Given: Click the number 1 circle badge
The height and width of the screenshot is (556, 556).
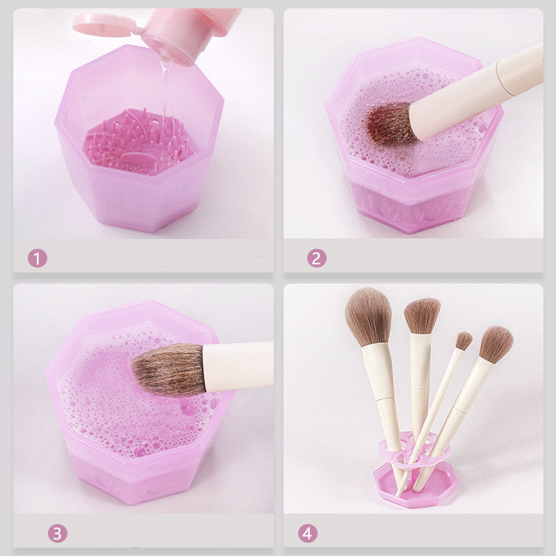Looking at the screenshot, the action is (x=38, y=258).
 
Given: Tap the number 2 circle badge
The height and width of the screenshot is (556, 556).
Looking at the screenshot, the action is (x=317, y=258).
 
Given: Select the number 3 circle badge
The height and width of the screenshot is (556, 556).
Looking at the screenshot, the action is (x=58, y=533).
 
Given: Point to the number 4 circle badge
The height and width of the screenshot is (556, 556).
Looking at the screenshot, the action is (x=307, y=533).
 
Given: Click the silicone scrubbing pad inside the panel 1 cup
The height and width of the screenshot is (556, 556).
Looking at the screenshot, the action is (x=138, y=142).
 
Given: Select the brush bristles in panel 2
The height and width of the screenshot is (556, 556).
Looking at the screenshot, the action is (x=390, y=123).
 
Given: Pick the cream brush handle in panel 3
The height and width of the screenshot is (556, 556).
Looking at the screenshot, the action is (x=238, y=366).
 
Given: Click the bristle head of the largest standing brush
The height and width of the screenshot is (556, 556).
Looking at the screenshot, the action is (x=369, y=317).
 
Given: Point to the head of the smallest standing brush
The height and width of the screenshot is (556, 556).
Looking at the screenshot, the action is (x=464, y=341).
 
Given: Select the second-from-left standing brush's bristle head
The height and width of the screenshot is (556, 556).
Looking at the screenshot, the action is (x=422, y=316).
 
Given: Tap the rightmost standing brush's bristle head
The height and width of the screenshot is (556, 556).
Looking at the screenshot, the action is (x=496, y=344).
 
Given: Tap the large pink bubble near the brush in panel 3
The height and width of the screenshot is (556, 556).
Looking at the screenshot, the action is (x=188, y=408).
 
